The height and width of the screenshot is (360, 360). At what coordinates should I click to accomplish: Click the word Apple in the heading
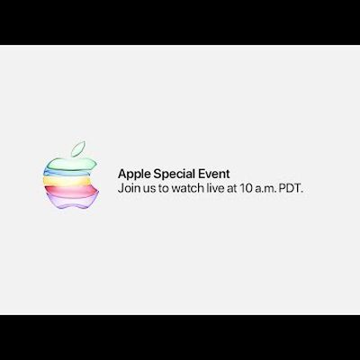(x=134, y=175)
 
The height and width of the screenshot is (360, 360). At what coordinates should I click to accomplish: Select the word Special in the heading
(x=175, y=175)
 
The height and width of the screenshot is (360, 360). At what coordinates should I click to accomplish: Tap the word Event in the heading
(x=214, y=174)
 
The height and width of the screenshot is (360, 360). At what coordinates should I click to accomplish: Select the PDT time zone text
(x=291, y=189)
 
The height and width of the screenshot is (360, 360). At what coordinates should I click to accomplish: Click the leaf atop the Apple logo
(x=78, y=148)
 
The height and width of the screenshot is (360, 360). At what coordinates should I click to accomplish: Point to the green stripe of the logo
(x=71, y=165)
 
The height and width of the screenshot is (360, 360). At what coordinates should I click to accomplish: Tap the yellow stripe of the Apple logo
(x=67, y=181)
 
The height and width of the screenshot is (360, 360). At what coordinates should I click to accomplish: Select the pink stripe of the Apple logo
(x=71, y=191)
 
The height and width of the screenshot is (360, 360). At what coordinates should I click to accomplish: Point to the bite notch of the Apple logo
(x=94, y=179)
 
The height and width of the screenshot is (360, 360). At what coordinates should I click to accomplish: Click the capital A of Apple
(x=122, y=174)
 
